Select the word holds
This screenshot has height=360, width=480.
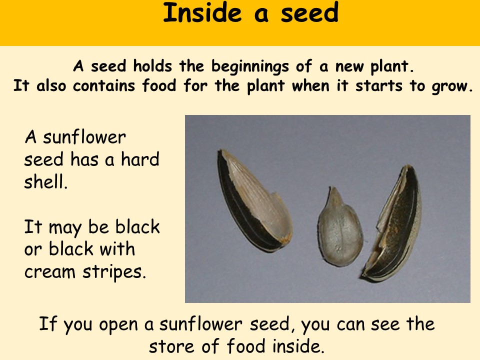(152, 66)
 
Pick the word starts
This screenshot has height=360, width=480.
(378, 85)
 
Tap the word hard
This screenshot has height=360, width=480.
(140, 159)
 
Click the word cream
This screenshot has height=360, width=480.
(49, 272)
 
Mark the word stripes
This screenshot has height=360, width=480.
(114, 272)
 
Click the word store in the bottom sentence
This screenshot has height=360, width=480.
(171, 346)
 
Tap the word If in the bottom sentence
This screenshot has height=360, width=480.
(48, 323)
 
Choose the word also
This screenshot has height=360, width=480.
(51, 85)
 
